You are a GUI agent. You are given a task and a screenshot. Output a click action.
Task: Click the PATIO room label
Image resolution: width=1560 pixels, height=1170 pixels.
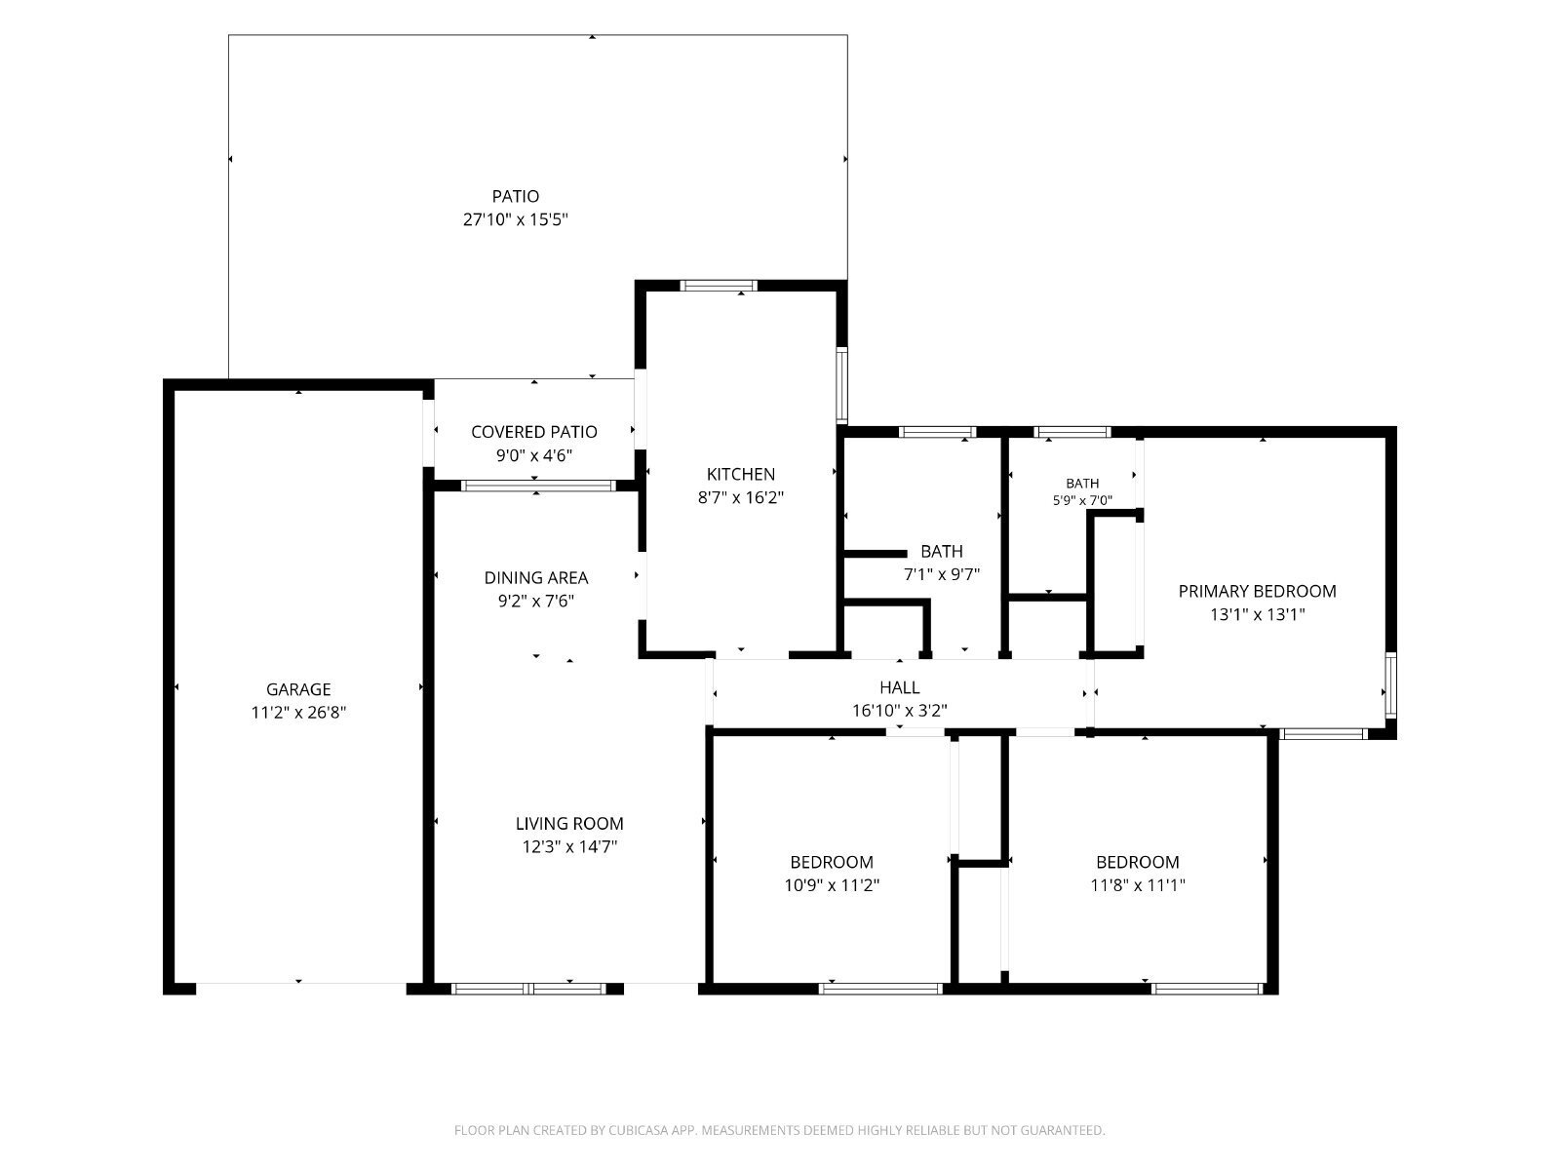(x=515, y=196)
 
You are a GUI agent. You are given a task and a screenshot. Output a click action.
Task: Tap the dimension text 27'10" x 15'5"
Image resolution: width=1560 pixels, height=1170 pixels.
(x=515, y=219)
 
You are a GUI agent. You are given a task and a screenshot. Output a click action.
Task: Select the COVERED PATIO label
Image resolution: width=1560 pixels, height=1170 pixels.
(x=533, y=432)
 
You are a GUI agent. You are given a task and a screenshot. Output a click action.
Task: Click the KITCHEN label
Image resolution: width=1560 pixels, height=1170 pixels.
(x=741, y=475)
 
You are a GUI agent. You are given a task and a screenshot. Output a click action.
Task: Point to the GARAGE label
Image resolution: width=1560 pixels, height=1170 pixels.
(x=298, y=689)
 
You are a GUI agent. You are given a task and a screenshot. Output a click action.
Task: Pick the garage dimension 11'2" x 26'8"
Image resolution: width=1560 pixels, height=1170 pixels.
(x=298, y=713)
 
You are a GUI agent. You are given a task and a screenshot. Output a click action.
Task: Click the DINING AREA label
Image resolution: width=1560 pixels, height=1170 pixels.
(x=536, y=578)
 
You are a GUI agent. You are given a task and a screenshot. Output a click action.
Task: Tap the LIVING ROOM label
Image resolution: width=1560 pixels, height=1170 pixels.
(x=569, y=824)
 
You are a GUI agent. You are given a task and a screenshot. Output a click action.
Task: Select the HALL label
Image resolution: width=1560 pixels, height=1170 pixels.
(x=900, y=687)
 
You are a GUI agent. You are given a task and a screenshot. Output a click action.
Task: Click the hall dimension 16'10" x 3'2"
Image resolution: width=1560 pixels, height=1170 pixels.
(x=900, y=711)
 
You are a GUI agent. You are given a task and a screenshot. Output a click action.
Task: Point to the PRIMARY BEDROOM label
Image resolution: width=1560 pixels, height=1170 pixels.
(x=1257, y=591)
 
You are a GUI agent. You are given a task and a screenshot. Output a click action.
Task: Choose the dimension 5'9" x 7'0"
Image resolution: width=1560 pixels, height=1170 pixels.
(x=1082, y=501)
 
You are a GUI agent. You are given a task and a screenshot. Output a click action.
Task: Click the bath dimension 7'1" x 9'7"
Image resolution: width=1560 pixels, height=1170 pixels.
(x=942, y=574)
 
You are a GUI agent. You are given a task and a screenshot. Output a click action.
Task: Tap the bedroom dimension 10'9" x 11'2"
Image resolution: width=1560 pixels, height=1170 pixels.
(x=832, y=886)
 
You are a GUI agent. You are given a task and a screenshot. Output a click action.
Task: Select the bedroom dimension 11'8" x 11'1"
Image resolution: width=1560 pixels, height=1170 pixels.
(x=1138, y=886)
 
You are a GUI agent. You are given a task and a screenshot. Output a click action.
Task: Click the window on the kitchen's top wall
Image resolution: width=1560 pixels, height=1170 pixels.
(x=719, y=286)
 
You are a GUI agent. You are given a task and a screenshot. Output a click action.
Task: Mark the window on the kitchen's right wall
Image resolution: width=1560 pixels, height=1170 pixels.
(x=842, y=386)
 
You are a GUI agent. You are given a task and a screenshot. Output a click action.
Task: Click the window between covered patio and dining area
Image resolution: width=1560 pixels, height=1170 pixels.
(x=538, y=486)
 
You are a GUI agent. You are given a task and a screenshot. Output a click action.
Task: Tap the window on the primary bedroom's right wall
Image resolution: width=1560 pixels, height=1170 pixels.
(x=1391, y=685)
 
